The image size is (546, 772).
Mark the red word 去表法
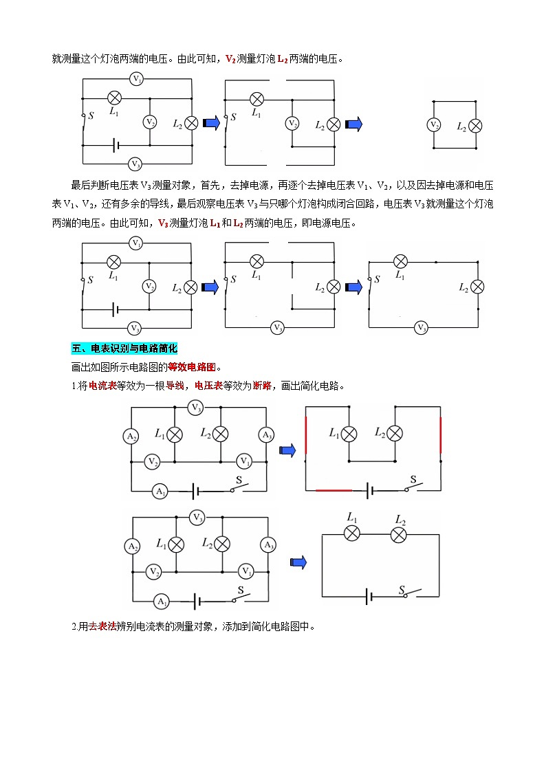point(102,626)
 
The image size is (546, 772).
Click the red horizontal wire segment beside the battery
point(334,491)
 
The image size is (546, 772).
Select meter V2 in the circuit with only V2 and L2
point(434,124)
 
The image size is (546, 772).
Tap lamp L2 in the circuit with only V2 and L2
point(474,125)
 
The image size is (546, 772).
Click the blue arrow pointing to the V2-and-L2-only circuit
point(353,124)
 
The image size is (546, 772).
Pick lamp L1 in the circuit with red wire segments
point(350,434)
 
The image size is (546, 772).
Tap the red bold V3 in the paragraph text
point(163,223)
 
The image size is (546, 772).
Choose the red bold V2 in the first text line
point(230,59)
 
